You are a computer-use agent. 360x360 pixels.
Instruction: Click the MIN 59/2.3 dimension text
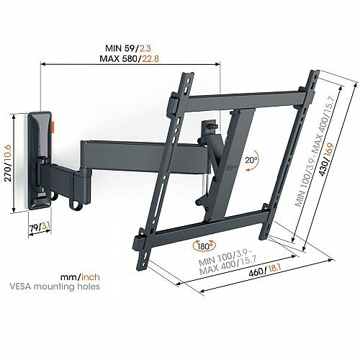128,48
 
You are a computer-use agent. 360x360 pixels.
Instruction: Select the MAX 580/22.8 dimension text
129,58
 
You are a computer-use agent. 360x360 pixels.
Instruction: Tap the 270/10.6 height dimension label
8,163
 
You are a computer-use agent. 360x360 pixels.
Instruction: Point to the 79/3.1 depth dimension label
40,227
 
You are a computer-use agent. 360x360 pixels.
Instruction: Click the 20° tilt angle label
251,160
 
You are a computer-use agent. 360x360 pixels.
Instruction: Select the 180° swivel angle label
205,246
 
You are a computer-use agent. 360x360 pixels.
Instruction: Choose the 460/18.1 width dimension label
265,271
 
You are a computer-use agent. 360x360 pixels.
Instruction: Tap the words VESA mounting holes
55,287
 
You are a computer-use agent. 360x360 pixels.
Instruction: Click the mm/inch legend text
80,277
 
